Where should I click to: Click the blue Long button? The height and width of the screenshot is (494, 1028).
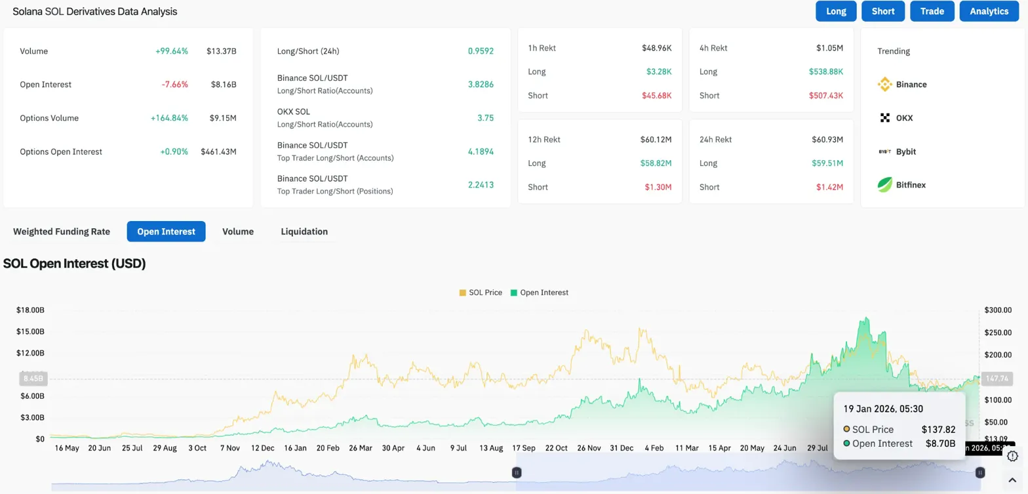click(836, 11)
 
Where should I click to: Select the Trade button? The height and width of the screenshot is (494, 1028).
click(932, 11)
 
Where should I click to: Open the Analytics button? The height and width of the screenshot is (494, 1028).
click(989, 11)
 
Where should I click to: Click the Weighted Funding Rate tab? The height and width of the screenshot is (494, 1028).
click(62, 232)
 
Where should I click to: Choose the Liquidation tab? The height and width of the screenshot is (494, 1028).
click(304, 232)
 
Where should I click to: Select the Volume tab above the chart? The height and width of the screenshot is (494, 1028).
click(238, 232)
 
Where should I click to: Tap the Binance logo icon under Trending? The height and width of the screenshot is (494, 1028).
click(885, 85)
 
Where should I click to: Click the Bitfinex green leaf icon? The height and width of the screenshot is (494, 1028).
click(885, 185)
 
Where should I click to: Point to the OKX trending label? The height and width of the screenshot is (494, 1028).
click(905, 118)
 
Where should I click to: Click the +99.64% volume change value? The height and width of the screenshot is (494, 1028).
click(172, 51)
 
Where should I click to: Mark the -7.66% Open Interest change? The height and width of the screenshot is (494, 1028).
click(174, 85)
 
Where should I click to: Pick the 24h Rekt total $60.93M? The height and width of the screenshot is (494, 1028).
click(827, 140)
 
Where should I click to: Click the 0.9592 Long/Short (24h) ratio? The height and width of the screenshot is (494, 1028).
click(481, 51)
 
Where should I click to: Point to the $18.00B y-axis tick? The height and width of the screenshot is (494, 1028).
click(31, 310)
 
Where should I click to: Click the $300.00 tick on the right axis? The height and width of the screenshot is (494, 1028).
click(998, 310)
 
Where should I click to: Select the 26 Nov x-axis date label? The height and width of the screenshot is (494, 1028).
click(589, 448)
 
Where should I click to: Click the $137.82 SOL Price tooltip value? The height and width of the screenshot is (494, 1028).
click(938, 429)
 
